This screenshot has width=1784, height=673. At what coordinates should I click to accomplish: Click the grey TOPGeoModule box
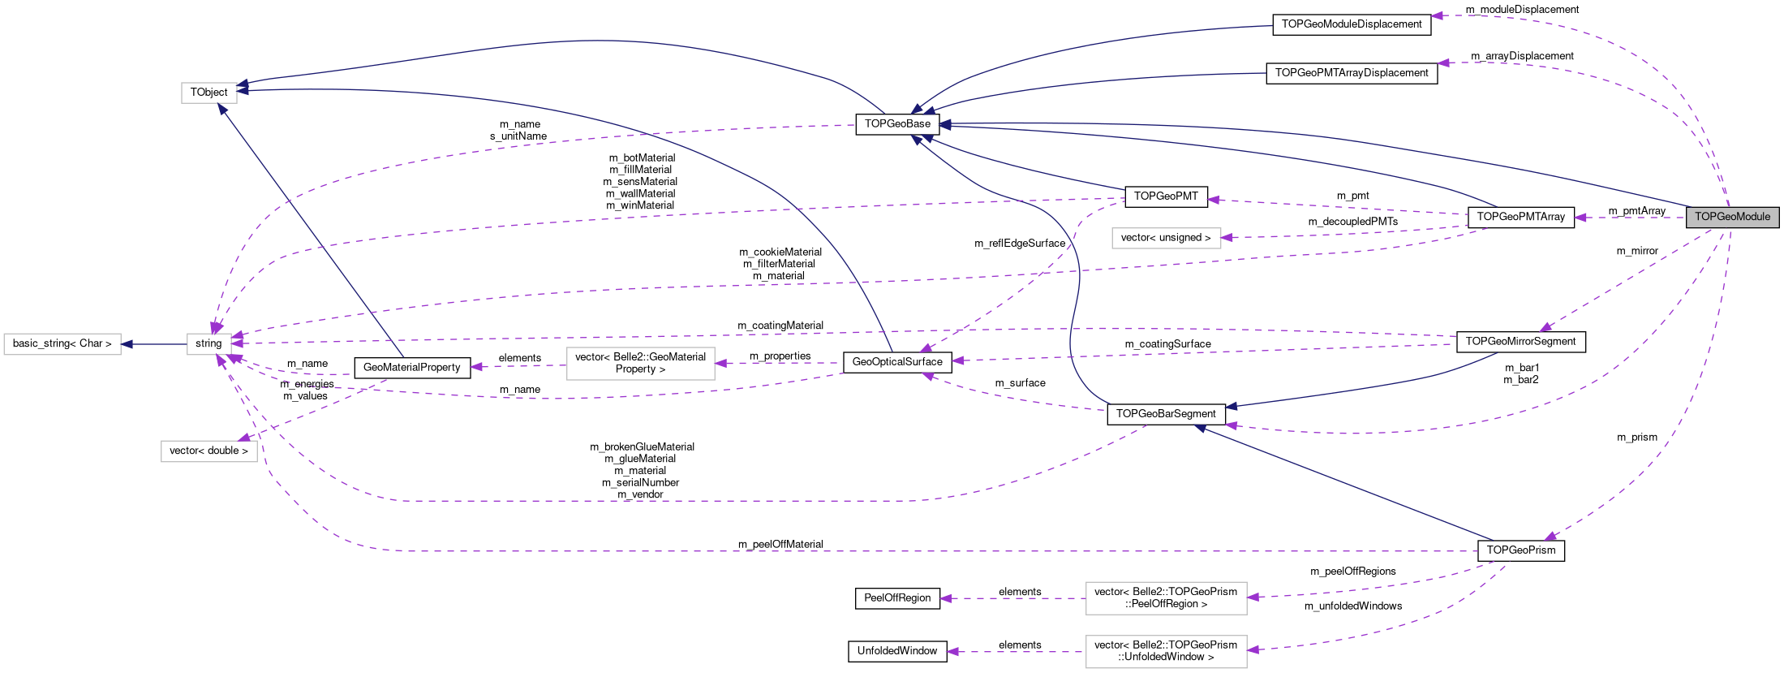pyautogui.click(x=1732, y=217)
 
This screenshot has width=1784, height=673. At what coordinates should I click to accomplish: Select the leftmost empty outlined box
pyautogui.click(x=62, y=344)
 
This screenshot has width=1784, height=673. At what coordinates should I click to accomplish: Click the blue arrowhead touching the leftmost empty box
pyautogui.click(x=127, y=344)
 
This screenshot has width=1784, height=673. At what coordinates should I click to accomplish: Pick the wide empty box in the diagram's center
pyautogui.click(x=640, y=364)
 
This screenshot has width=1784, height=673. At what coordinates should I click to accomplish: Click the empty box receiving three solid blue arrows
pyautogui.click(x=209, y=93)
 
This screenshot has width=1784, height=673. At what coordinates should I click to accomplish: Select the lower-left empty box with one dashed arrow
pyautogui.click(x=209, y=451)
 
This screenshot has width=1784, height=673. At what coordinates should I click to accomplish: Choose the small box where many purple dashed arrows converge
pyautogui.click(x=209, y=344)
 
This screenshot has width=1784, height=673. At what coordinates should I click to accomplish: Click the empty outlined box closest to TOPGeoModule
pyautogui.click(x=1166, y=238)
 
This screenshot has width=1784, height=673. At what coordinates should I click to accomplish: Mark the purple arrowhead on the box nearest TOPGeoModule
pyautogui.click(x=1227, y=238)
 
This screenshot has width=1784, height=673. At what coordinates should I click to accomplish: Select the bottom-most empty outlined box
pyautogui.click(x=1166, y=652)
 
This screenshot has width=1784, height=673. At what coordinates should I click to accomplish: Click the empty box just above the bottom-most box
pyautogui.click(x=1166, y=598)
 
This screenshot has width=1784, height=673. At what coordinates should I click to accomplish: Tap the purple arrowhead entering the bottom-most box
pyautogui.click(x=1253, y=649)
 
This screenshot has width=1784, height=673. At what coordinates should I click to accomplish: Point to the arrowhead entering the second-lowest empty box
pyautogui.click(x=1253, y=598)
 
